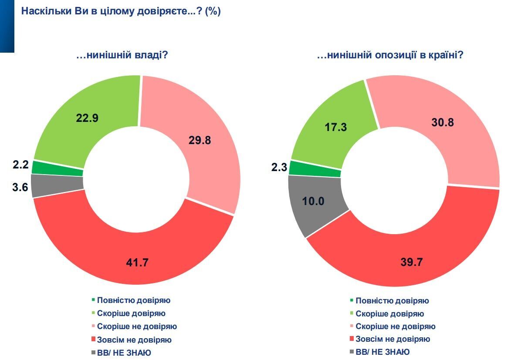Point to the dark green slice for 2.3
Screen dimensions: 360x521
[x=315, y=168]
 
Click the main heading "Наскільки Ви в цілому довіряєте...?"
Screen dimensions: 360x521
[x=121, y=12]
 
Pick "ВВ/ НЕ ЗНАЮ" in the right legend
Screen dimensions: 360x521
[x=382, y=352]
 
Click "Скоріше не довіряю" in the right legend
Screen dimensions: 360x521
[x=396, y=326]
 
